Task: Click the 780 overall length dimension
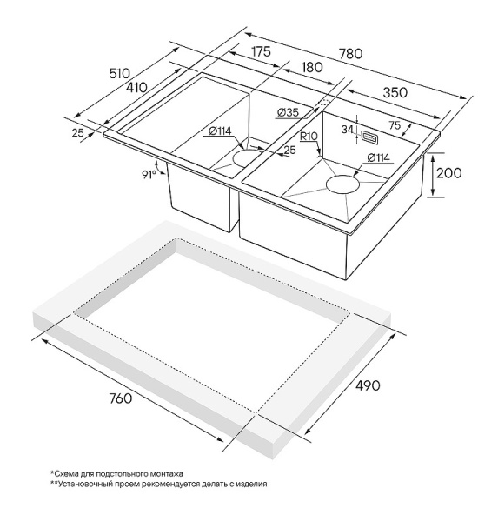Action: coord(350,53)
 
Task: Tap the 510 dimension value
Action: coord(119,73)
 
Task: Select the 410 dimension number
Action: coord(136,87)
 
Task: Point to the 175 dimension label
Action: coord(261,51)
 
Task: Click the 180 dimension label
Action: coord(312,67)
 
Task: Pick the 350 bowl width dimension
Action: coord(395,92)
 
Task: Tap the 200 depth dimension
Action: coord(448,173)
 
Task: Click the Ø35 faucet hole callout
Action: coord(288,112)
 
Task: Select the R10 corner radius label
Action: coord(309,137)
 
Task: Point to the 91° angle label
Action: coord(149,175)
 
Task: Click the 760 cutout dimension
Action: coord(121,398)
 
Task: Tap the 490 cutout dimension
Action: coord(368,385)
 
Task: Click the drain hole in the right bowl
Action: coord(343,184)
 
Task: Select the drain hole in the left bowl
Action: coord(247,157)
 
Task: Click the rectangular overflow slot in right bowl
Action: coord(369,137)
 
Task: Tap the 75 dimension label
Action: coord(395,125)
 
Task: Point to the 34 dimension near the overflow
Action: coord(348,130)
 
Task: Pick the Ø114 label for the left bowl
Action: coord(220,131)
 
